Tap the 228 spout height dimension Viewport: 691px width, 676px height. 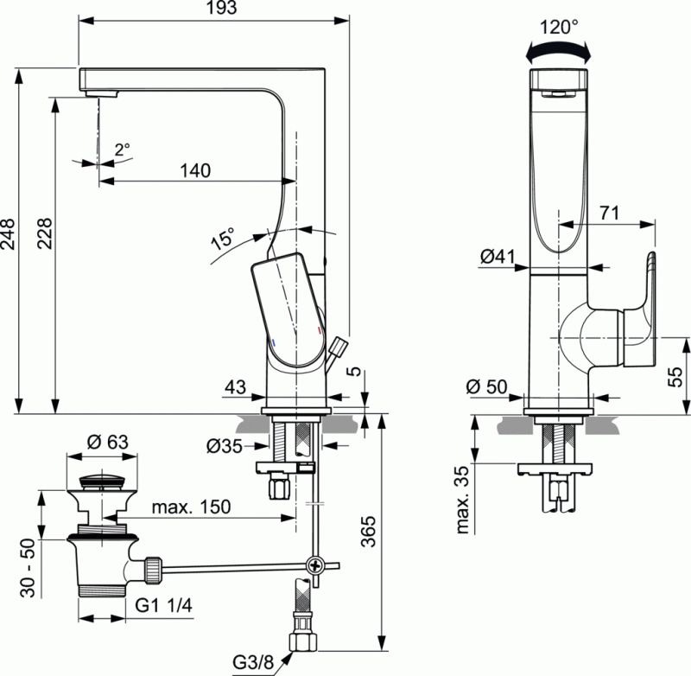click(x=44, y=233)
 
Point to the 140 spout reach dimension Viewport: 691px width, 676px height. click(x=195, y=170)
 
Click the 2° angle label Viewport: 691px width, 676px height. click(x=122, y=149)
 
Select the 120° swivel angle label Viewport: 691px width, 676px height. click(x=559, y=27)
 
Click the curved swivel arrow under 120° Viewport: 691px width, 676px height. click(x=560, y=53)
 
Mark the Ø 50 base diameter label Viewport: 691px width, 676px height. click(x=485, y=386)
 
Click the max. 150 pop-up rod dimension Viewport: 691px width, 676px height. click(x=191, y=507)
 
